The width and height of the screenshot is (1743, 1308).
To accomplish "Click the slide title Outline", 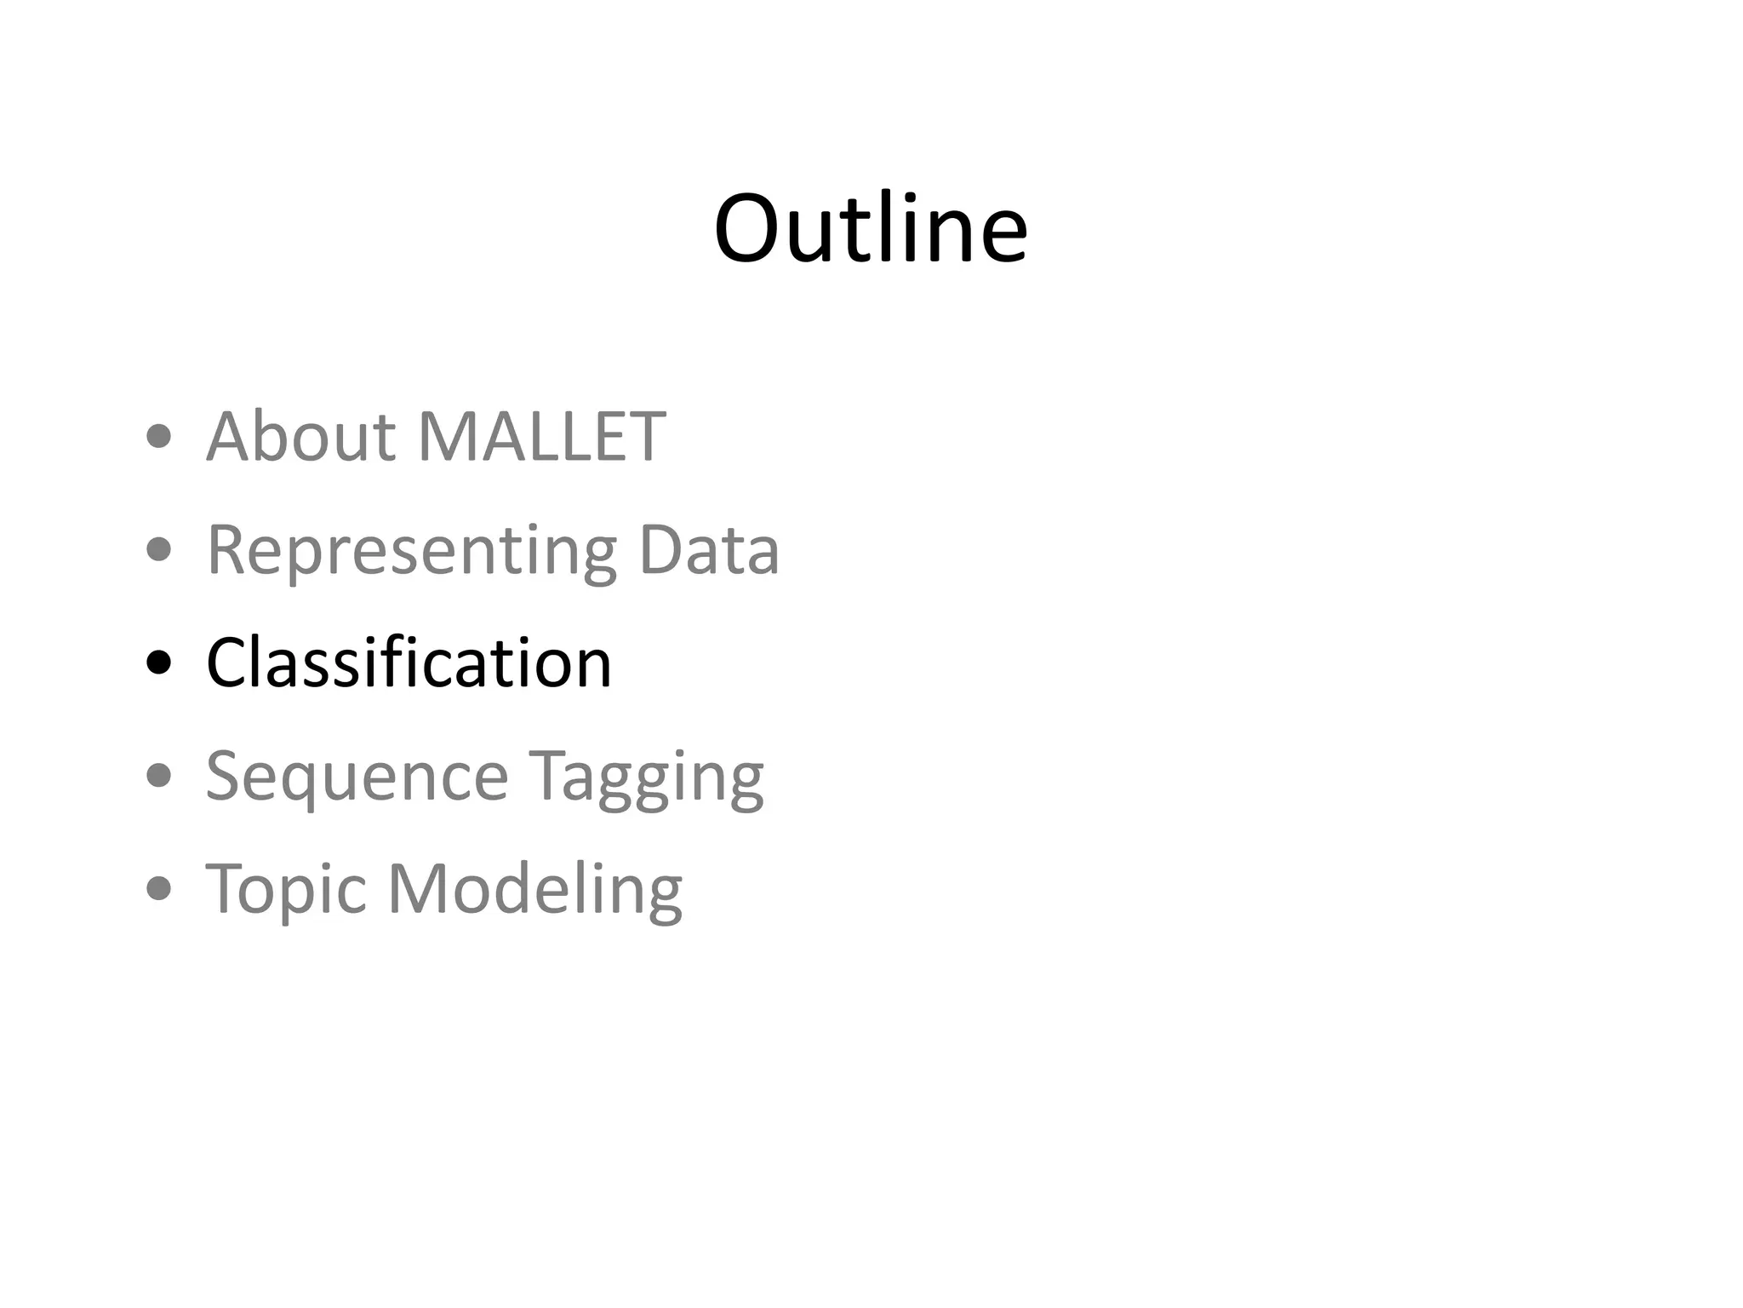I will (x=871, y=228).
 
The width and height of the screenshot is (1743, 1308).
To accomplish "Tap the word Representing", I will (x=412, y=552).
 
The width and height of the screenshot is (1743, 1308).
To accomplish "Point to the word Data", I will (x=708, y=550).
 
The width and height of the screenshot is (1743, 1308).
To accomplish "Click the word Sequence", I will (x=357, y=777).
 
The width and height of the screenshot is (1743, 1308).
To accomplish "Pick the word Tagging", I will (x=647, y=777).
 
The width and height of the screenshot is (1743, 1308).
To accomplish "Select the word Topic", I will (x=286, y=890).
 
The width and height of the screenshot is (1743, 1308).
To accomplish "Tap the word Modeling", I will (x=535, y=890).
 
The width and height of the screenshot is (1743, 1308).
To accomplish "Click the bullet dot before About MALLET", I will (x=159, y=438).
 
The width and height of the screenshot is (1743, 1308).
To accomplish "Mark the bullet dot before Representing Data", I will (x=159, y=550).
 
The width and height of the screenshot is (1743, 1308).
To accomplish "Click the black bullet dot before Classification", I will (x=159, y=663).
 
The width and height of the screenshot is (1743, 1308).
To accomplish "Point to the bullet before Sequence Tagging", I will (x=159, y=776).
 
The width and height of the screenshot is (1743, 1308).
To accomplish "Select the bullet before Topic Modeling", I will (x=159, y=889).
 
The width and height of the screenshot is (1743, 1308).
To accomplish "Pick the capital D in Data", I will (x=660, y=550).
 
